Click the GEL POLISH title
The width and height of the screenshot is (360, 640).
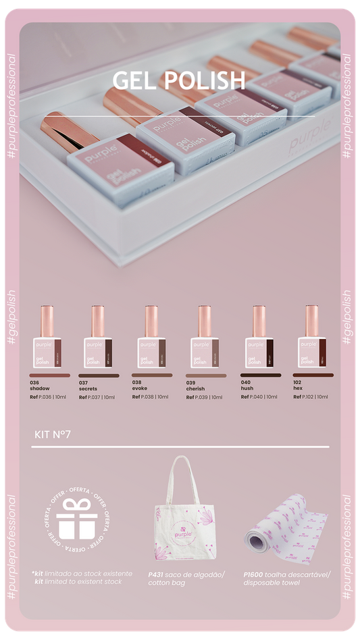point(179,80)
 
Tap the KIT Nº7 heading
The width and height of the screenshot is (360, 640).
point(53,433)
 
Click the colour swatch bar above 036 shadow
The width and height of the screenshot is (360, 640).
point(49,375)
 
